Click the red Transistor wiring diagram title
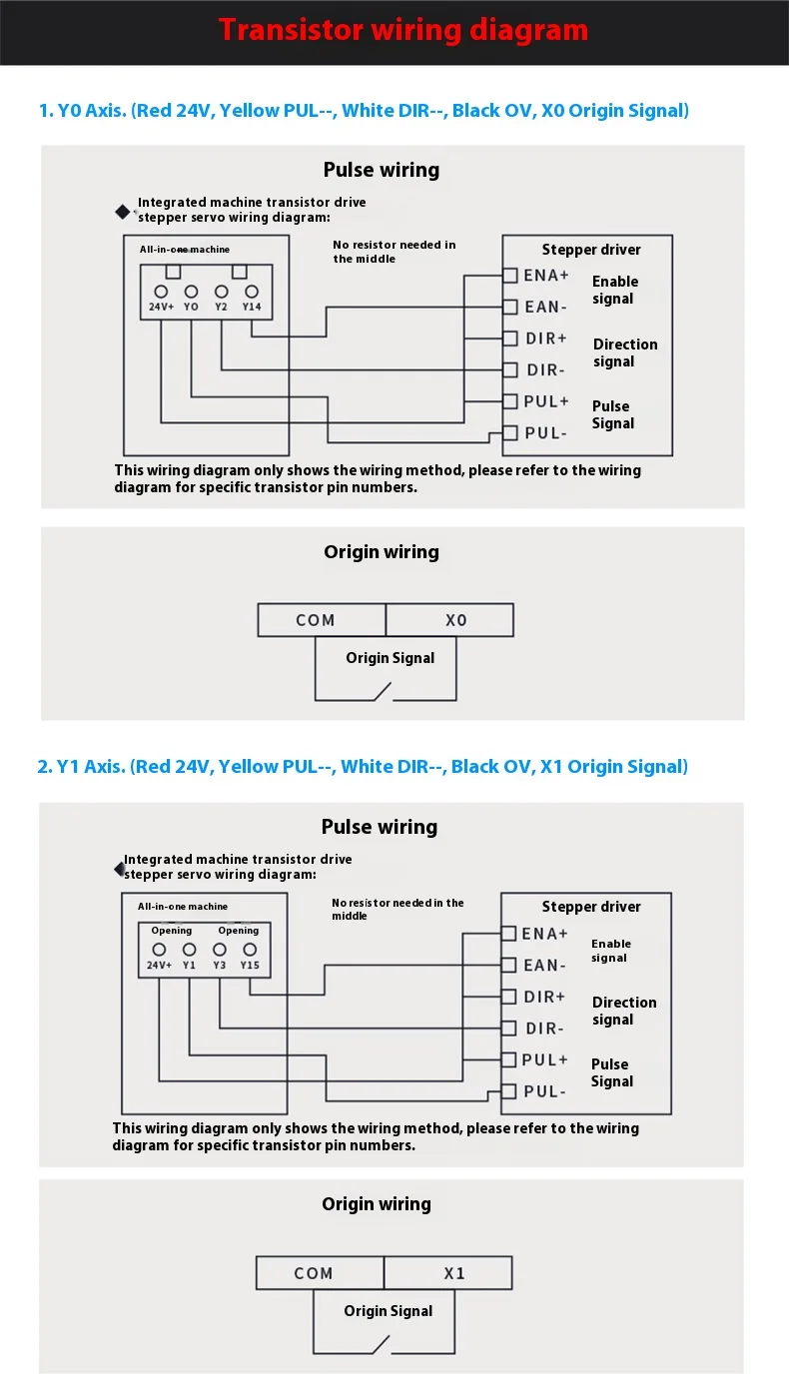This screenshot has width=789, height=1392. point(403,30)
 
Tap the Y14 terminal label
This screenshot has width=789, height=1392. point(252,307)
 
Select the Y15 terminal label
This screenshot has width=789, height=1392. point(250,965)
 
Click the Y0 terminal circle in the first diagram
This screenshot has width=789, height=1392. point(191,292)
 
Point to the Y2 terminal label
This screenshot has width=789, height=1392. point(221,307)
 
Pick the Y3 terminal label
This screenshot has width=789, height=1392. point(220,965)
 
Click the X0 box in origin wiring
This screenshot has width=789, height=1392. point(450,620)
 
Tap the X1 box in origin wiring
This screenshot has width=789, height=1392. point(448,1273)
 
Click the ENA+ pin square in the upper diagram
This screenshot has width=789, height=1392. point(509,275)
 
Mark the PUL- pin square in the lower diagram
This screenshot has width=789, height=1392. point(508,1091)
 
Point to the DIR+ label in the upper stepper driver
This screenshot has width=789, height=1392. point(546,339)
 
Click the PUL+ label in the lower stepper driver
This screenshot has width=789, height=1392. point(545,1059)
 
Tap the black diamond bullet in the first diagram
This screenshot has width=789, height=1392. point(124,211)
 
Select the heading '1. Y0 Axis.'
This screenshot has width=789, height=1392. point(83,110)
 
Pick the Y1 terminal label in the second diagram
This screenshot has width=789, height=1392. point(189,965)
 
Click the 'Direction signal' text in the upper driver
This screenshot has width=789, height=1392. point(625,352)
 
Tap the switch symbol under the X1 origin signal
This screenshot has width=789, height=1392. point(380,1344)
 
